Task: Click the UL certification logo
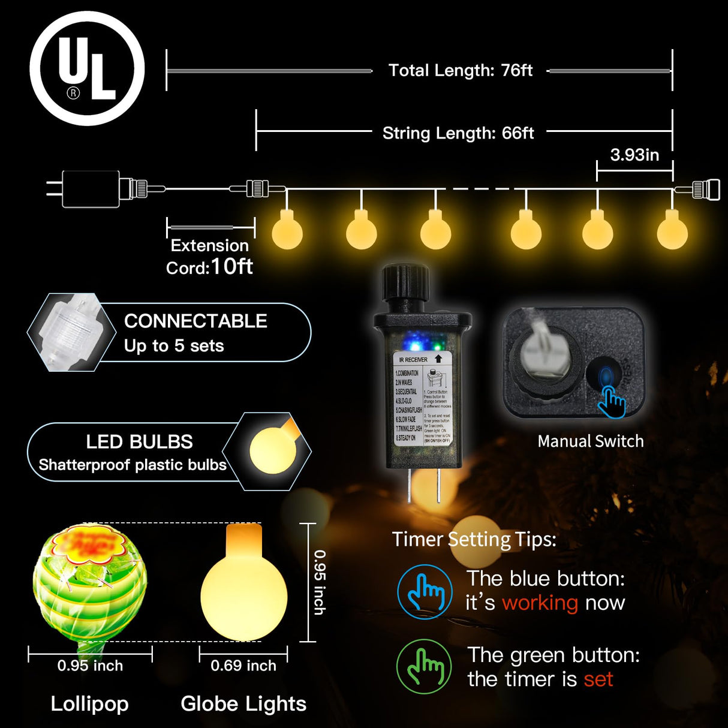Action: coord(88,68)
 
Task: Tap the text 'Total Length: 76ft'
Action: coord(460,71)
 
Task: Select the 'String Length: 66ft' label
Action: coord(458,133)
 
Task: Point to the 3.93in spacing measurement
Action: coord(634,155)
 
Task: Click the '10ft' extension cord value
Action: coord(231,266)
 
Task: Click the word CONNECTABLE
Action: coord(195,321)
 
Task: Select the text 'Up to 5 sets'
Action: coord(174,346)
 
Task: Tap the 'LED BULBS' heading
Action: coord(139,442)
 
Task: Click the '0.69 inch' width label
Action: coord(243,666)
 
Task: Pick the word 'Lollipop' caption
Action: coord(89,703)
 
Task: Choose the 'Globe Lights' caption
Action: coord(243,703)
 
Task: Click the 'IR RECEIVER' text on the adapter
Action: coord(413,360)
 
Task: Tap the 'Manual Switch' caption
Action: coord(591,441)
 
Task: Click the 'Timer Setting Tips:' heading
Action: coord(474,539)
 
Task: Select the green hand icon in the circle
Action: coord(424,666)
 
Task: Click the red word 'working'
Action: coord(540,603)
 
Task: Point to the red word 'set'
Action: coord(598,679)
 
